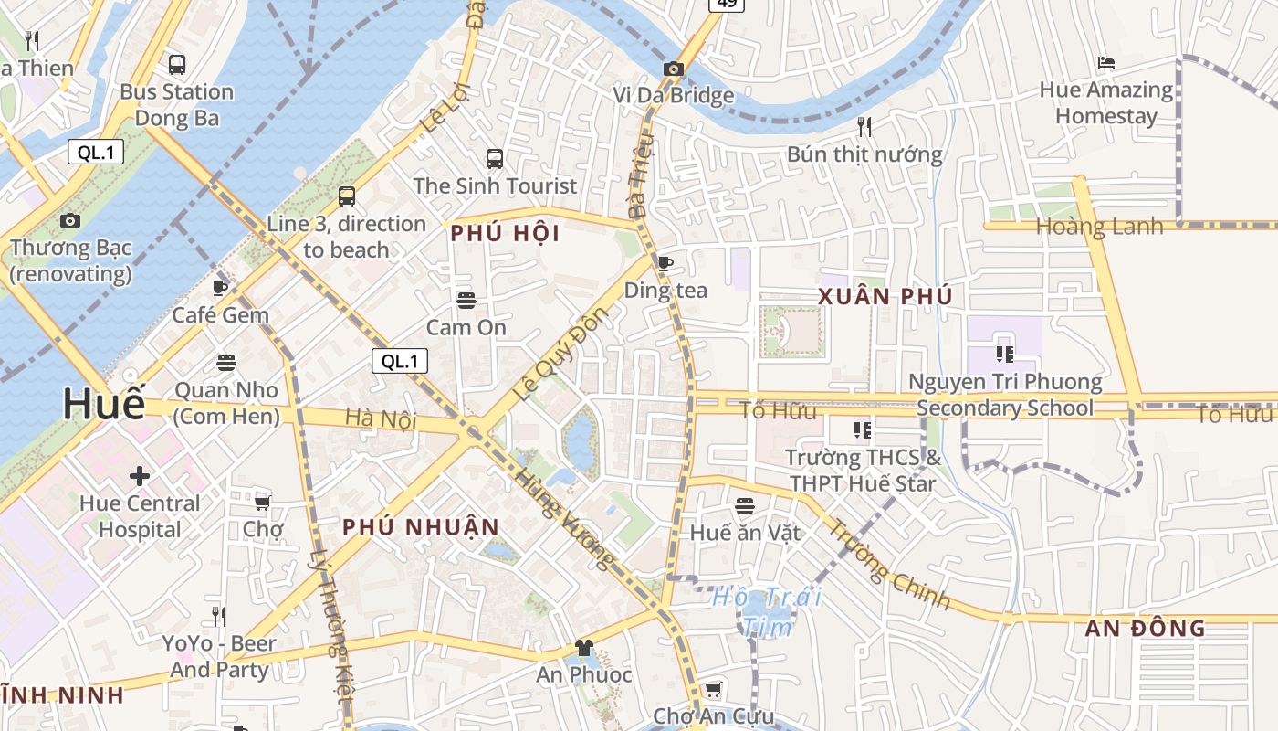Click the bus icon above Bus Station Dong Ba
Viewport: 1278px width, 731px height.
[x=177, y=65]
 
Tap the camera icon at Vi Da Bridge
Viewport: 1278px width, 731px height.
[x=674, y=69]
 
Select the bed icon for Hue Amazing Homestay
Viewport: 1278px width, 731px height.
[x=1106, y=63]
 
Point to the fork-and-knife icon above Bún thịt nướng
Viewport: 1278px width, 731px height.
[x=864, y=127]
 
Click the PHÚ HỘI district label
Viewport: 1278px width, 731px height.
[x=505, y=234]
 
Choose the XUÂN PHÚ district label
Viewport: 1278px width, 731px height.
[x=885, y=296]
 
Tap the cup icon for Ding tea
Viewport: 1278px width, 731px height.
[x=665, y=263]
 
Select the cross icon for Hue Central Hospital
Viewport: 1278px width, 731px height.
[x=140, y=476]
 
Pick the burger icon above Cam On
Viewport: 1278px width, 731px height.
[x=466, y=301]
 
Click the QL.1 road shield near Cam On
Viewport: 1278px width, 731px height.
[x=400, y=361]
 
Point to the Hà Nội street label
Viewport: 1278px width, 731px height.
[x=381, y=419]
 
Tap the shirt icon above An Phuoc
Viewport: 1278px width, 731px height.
[x=584, y=648]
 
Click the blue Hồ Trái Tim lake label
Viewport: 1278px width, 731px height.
[x=767, y=611]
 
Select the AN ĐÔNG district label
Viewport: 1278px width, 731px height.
[x=1145, y=628]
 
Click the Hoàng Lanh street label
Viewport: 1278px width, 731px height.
[x=1099, y=226]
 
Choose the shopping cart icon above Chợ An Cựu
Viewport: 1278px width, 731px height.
[x=713, y=689]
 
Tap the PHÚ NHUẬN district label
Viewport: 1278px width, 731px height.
[x=421, y=527]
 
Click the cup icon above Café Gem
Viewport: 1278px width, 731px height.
[x=220, y=288]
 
